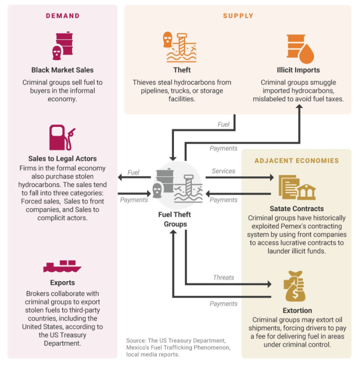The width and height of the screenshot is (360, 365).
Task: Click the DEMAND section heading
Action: click(x=62, y=16)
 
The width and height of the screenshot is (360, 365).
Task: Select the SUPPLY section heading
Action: click(x=238, y=16)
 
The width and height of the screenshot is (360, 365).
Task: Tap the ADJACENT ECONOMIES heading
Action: click(x=296, y=160)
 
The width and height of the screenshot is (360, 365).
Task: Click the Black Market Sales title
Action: click(x=62, y=70)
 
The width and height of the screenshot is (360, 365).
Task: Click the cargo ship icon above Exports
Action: click(x=62, y=266)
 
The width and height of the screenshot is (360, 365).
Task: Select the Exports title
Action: click(x=62, y=283)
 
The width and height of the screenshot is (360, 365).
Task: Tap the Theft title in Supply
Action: click(x=182, y=70)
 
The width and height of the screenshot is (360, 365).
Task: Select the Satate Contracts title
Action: click(x=297, y=209)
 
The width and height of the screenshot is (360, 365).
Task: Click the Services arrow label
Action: click(x=223, y=171)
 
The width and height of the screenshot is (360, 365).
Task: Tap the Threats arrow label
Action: click(x=223, y=277)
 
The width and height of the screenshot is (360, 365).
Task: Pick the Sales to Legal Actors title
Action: click(x=62, y=159)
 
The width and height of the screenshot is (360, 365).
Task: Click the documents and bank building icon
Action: click(x=297, y=187)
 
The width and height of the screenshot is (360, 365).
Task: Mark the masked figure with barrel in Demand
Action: click(x=62, y=45)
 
